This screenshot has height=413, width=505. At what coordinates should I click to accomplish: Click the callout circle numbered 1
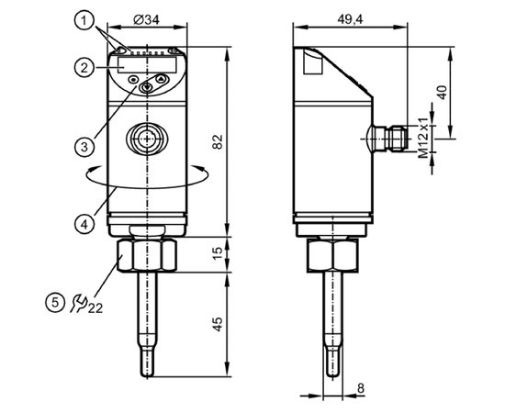[84, 21]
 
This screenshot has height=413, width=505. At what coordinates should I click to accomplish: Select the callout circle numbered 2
[84, 68]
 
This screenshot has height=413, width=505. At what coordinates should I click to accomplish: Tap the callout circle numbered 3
[84, 147]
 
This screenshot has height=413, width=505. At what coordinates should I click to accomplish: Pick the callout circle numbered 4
[84, 224]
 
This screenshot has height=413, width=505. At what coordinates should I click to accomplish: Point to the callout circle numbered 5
[55, 303]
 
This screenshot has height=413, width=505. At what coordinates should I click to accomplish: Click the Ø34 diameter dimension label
[147, 20]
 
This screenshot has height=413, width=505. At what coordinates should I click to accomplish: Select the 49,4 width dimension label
[350, 19]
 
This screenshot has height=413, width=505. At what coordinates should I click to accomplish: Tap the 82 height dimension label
[218, 141]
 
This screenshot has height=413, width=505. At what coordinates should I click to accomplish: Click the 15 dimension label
[218, 254]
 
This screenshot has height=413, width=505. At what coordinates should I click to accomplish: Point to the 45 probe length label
[218, 325]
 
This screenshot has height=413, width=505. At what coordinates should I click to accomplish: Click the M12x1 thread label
[424, 138]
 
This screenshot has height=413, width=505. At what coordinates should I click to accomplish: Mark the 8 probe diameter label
[361, 388]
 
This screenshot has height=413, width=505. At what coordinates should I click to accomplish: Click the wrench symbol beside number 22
[79, 303]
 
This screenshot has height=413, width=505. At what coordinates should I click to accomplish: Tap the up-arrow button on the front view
[162, 78]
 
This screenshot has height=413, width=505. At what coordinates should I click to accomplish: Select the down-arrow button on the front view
[147, 87]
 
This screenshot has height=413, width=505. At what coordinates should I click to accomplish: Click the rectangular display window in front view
[147, 64]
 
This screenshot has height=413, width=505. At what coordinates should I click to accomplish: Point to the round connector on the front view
[147, 139]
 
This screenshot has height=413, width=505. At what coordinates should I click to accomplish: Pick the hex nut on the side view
[332, 255]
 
